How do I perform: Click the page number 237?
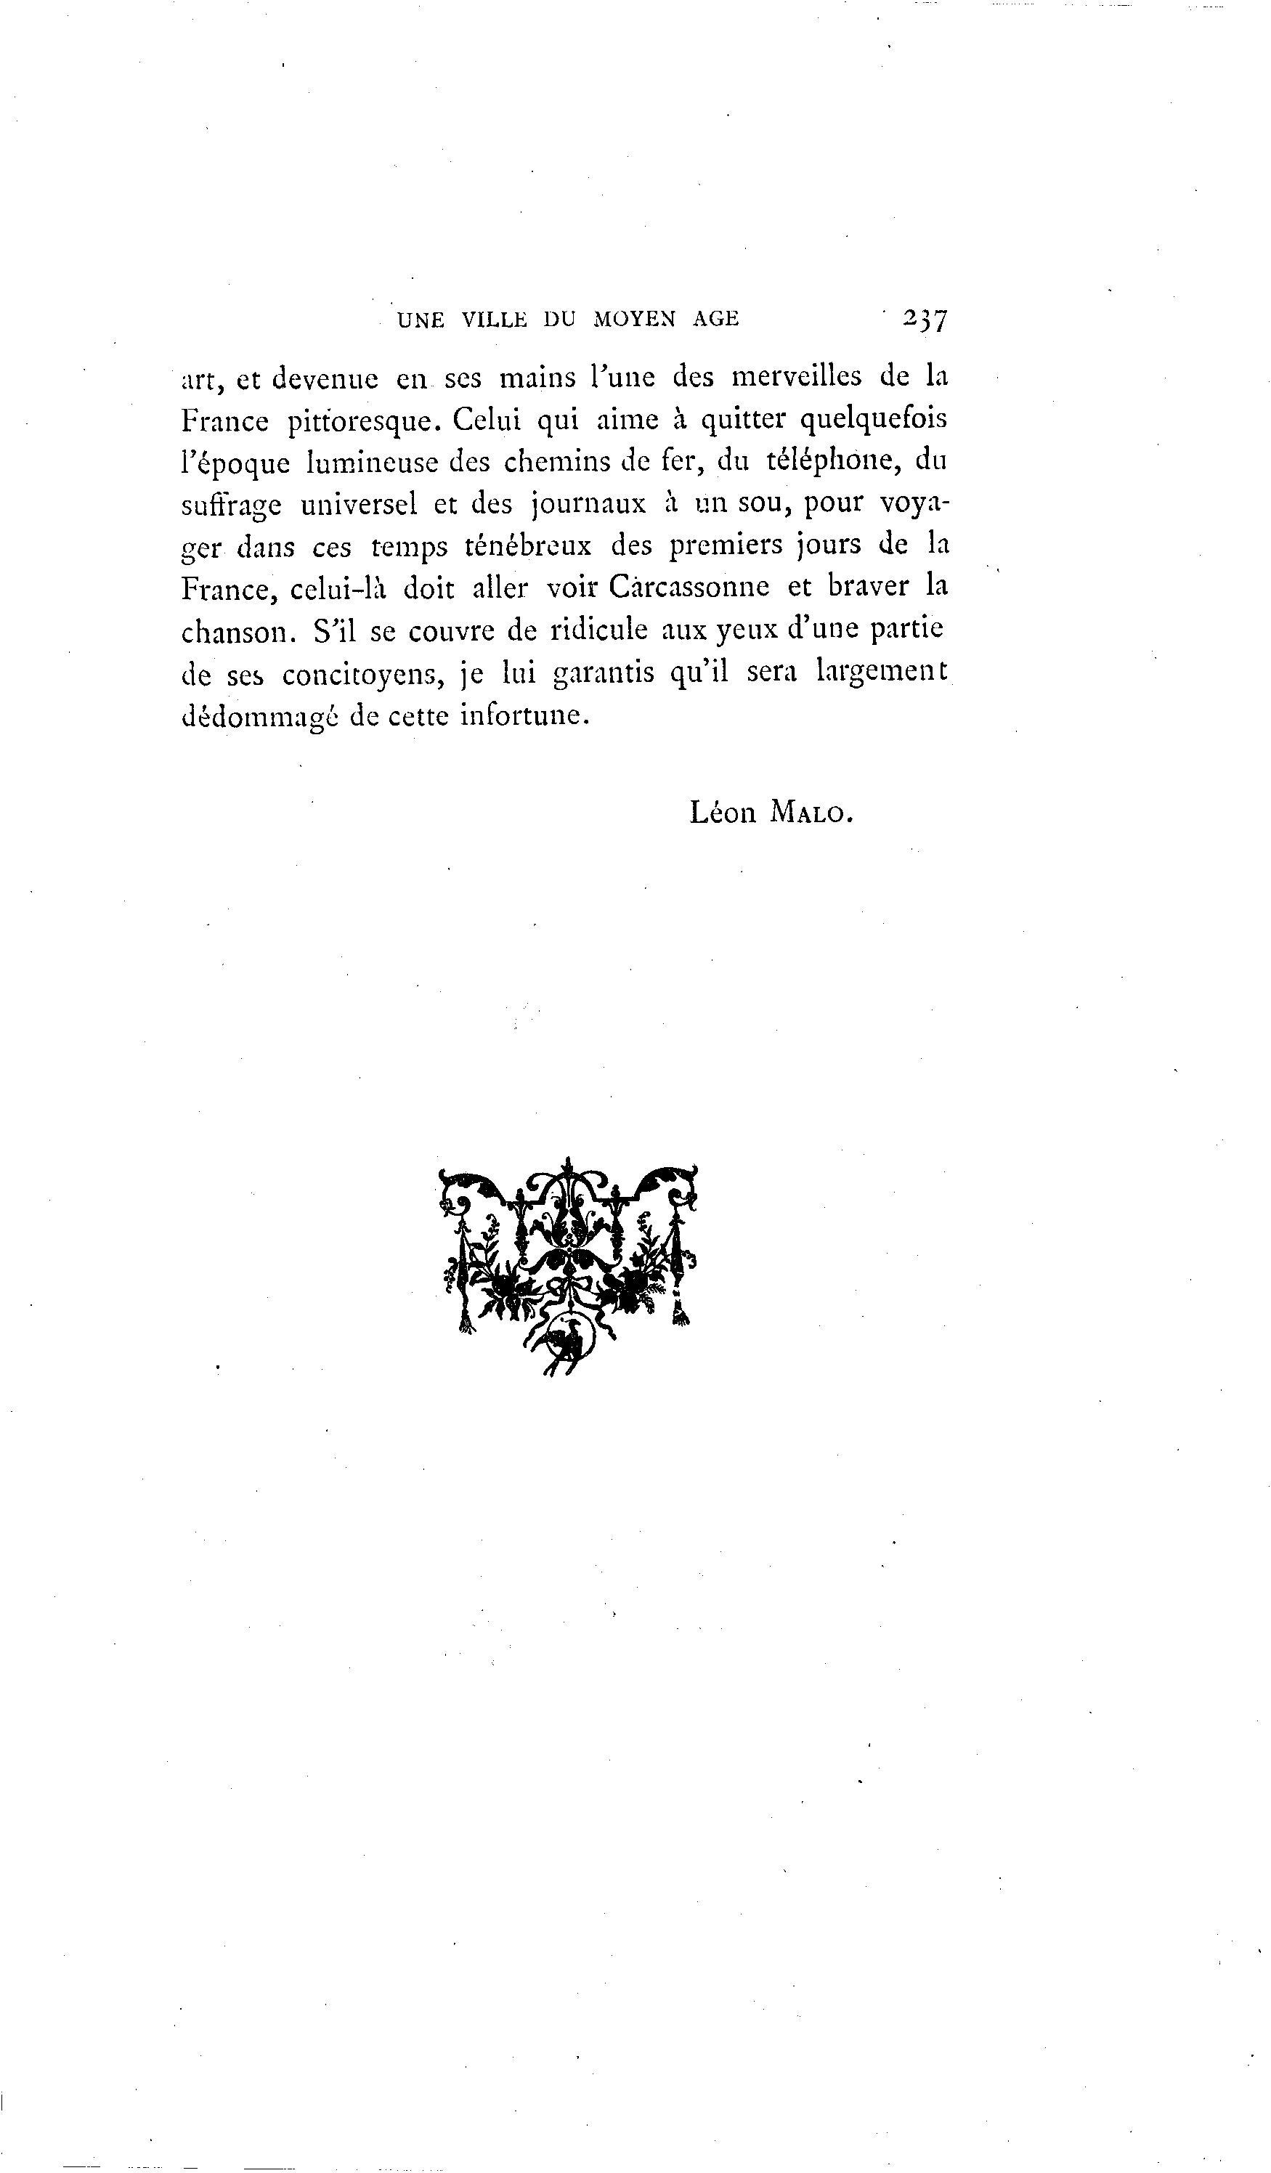point(925,319)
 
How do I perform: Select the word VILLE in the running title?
point(494,319)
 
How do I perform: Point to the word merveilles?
point(796,377)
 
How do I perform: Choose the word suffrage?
point(231,505)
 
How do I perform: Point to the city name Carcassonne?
point(688,588)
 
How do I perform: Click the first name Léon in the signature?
point(723,811)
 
